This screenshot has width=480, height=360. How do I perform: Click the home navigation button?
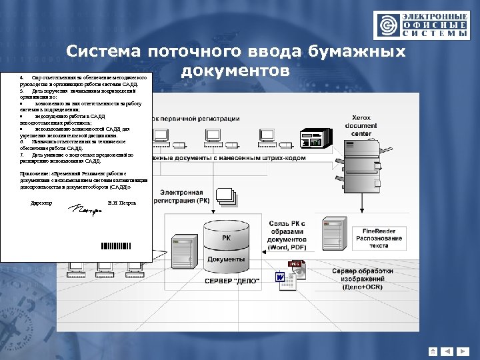(433, 351)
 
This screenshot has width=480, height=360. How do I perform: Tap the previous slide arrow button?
(447, 351)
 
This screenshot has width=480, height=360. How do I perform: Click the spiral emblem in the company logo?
(386, 25)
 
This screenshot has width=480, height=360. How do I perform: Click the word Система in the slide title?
(105, 53)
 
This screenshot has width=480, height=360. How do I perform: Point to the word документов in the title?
(235, 70)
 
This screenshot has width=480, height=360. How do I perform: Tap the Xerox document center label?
(361, 125)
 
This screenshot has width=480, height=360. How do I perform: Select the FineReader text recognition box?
(379, 238)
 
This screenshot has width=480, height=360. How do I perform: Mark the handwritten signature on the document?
(84, 210)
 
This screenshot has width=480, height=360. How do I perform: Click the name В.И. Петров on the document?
(121, 202)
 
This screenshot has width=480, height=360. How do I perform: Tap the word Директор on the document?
(41, 202)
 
